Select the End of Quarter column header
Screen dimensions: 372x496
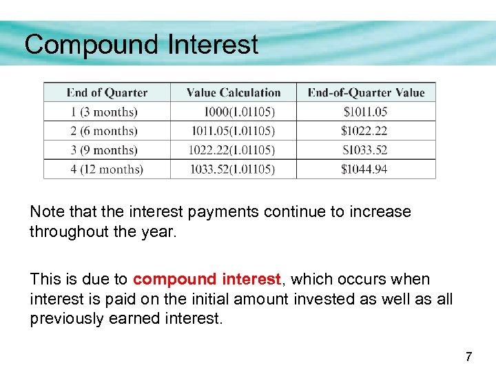(107, 93)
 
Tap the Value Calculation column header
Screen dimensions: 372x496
(234, 93)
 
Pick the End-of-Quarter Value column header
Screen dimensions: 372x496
(366, 93)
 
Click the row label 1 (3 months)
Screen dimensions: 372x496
(104, 112)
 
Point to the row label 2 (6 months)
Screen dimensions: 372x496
(104, 131)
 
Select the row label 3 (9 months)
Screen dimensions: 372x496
(104, 150)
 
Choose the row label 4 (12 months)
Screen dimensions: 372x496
(107, 169)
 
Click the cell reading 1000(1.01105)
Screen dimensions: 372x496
(239, 112)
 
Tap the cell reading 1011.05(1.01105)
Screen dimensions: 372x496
(231, 131)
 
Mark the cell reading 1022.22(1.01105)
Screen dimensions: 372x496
(231, 150)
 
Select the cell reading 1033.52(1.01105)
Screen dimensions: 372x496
(231, 169)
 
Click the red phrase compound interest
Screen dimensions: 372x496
(207, 279)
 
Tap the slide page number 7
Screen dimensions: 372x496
(468, 357)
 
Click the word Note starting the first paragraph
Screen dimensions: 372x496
(45, 211)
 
